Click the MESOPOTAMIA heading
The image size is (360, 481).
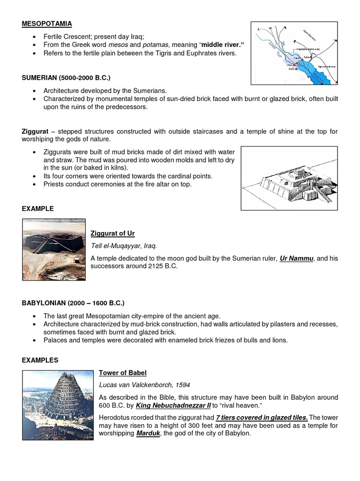pyautogui.click(x=47, y=23)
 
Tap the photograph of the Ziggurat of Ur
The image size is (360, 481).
pyautogui.click(x=54, y=249)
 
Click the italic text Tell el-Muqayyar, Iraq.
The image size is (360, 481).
pyautogui.click(x=124, y=246)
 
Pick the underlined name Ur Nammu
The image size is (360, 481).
pyautogui.click(x=297, y=258)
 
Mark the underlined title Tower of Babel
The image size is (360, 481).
pyautogui.click(x=122, y=372)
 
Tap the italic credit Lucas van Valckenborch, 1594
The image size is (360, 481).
pyautogui.click(x=144, y=385)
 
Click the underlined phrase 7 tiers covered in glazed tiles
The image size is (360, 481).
pyautogui.click(x=262, y=418)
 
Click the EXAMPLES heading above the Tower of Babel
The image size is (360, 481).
pyautogui.click(x=40, y=360)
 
